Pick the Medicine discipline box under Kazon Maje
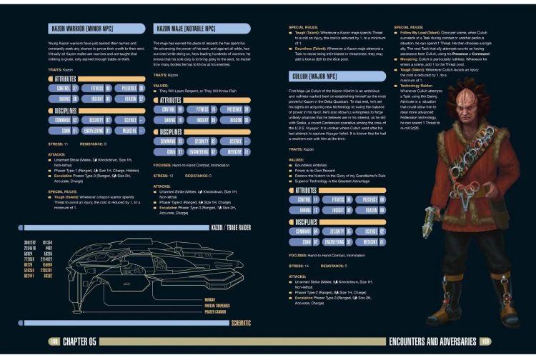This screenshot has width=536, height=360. tap(233, 151)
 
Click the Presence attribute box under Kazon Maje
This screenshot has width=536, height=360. tap(233, 110)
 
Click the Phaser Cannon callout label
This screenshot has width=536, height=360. tap(215, 311)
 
